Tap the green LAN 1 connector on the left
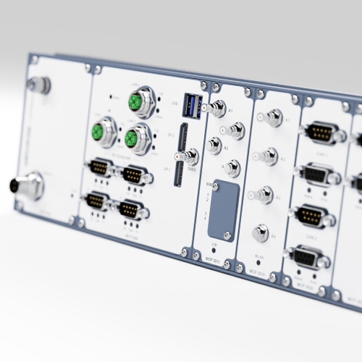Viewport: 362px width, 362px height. [x=100, y=132]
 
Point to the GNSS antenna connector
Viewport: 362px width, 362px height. [x=190, y=156]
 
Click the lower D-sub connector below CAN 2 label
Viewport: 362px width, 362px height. [x=307, y=256]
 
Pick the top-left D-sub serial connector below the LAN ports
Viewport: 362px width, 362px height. [x=99, y=168]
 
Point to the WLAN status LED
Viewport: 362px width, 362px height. [x=258, y=262]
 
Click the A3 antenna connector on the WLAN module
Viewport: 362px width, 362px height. [x=264, y=193]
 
